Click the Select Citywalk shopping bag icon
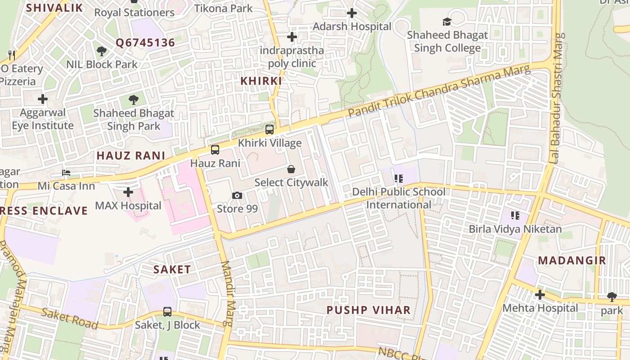(x=291, y=169)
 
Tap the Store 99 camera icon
(x=237, y=195)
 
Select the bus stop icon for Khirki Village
(x=270, y=130)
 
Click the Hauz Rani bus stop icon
(x=215, y=150)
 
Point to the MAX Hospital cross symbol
(x=128, y=192)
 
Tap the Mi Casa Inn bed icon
(x=66, y=173)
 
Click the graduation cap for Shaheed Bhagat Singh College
(x=447, y=22)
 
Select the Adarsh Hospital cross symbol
(x=352, y=13)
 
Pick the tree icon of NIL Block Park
(x=102, y=51)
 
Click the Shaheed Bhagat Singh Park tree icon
(x=133, y=99)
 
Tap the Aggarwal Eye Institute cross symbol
(x=43, y=99)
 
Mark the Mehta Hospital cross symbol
(x=540, y=295)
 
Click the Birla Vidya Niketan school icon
(x=515, y=216)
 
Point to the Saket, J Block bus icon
(x=167, y=311)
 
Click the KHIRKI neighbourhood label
(x=261, y=81)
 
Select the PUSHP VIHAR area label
(x=369, y=310)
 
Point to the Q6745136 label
(x=145, y=43)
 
